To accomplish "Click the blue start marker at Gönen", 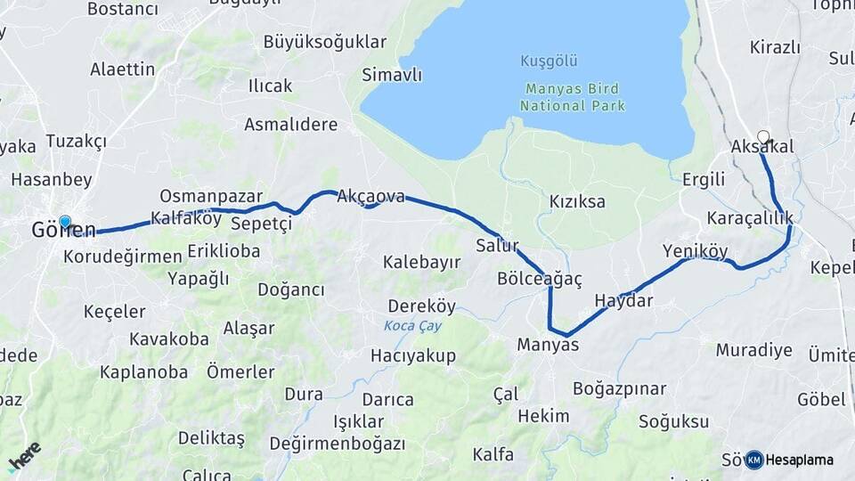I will pos(65,221).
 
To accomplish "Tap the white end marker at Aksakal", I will pos(762,137).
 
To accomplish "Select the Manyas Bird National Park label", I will pos(573,97).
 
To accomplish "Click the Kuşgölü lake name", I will pos(549,61).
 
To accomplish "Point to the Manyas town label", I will pos(548,345).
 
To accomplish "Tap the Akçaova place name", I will pos(370,197).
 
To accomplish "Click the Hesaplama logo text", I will pos(800,460).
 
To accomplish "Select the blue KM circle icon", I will pos(754,460).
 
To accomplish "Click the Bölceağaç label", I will pos(540,279).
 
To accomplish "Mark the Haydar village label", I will pos(623,301).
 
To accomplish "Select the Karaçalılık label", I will pos(749,218).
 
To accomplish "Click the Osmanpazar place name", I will pos(211,195).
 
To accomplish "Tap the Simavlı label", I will pos(392,76).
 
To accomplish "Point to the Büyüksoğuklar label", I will pos(325,42).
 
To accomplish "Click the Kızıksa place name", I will pos(577,201).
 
